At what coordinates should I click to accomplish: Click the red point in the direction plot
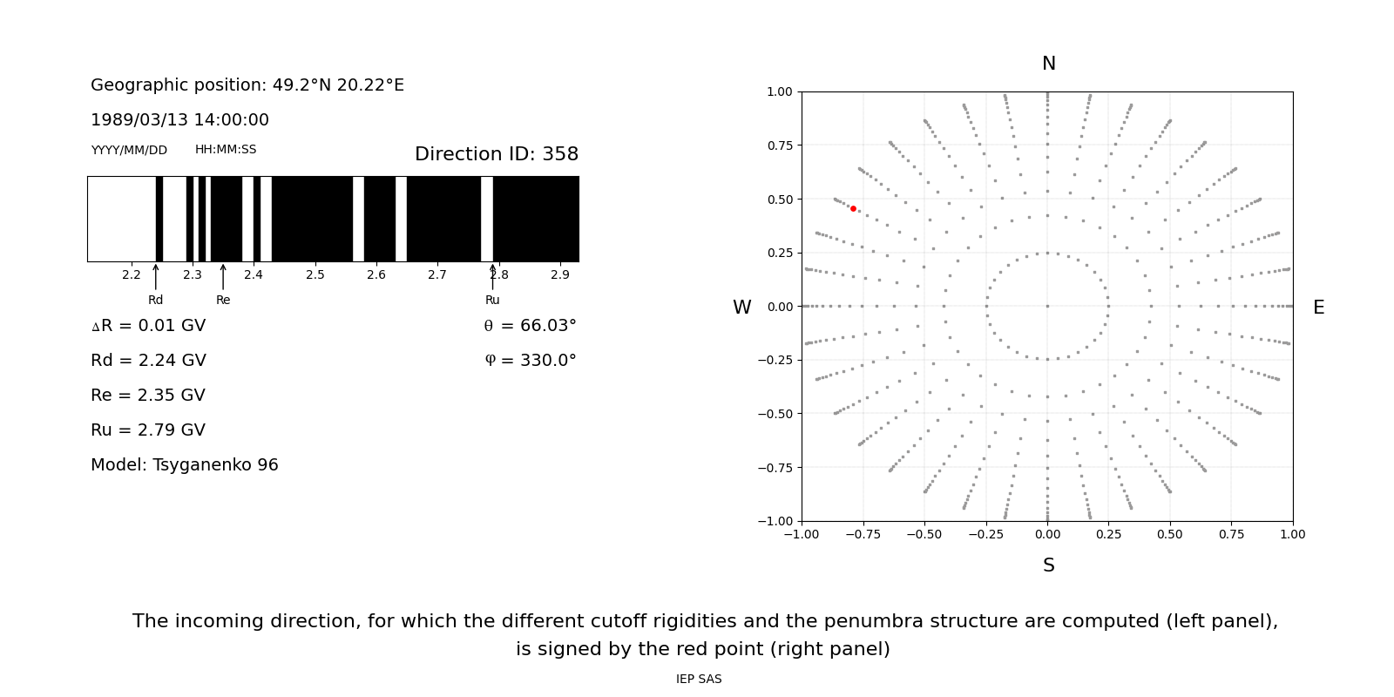[853, 209]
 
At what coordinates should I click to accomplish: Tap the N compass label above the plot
[1048, 64]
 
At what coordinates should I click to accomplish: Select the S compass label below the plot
[1048, 565]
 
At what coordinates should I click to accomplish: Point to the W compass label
[741, 308]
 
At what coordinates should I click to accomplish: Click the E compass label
[1318, 308]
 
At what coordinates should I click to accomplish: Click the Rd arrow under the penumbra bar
[156, 277]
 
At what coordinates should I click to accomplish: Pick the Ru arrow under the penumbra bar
[492, 277]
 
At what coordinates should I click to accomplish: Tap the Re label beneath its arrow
[223, 301]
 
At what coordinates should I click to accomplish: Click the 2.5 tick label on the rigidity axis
[315, 275]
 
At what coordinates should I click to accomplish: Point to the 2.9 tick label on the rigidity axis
[559, 275]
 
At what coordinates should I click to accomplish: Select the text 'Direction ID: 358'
[496, 154]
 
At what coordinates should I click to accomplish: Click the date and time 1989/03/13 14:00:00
[179, 120]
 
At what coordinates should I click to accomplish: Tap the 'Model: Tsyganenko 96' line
[185, 465]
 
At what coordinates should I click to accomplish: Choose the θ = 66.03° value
[530, 326]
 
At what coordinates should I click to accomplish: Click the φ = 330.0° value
[530, 361]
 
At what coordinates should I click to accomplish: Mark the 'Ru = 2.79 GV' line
[148, 430]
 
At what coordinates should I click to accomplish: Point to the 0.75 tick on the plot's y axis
[780, 145]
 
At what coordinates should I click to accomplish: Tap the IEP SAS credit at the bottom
[699, 680]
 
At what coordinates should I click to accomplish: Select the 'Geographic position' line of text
[247, 85]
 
